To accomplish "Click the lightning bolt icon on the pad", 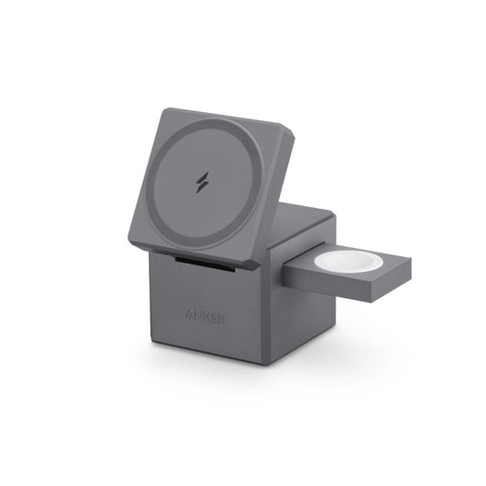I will tap(202, 180).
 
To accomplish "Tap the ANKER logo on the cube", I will tap(205, 318).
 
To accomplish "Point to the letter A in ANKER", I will tap(189, 314).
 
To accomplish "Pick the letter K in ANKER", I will tap(205, 318).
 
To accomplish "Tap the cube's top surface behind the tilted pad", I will tap(305, 219).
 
